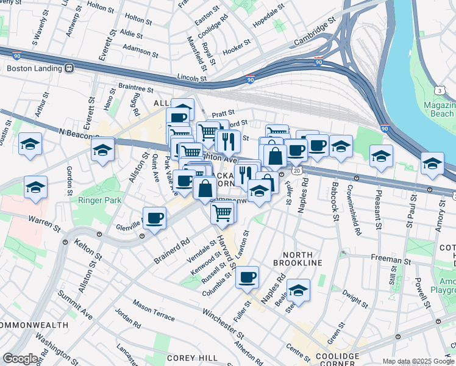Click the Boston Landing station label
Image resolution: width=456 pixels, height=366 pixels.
pyautogui.click(x=34, y=68)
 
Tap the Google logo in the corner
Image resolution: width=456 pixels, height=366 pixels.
pyautogui.click(x=21, y=359)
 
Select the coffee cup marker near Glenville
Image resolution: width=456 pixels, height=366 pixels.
pyautogui.click(x=155, y=218)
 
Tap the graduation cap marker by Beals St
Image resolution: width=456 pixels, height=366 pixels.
pyautogui.click(x=298, y=291)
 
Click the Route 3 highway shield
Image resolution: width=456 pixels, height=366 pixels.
pyautogui.click(x=439, y=90)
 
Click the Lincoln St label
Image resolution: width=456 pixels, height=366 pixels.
pyautogui.click(x=192, y=78)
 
